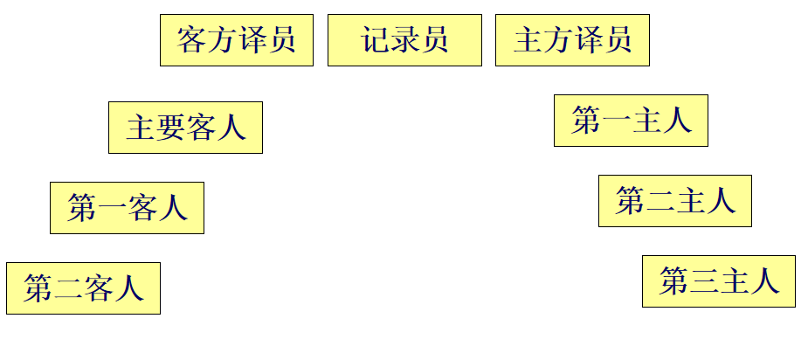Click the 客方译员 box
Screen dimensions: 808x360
[236, 40]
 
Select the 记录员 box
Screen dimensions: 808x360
[404, 40]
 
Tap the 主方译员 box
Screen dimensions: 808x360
[572, 40]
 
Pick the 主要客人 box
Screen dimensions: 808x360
[185, 128]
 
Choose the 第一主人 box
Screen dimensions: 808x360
[631, 121]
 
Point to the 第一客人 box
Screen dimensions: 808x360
[127, 208]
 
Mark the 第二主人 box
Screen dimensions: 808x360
[675, 201]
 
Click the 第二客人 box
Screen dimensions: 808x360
[83, 288]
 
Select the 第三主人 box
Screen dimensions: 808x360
[719, 281]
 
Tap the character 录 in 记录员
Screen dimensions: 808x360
[404, 40]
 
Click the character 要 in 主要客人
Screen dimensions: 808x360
[170, 128]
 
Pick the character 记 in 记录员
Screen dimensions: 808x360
[375, 40]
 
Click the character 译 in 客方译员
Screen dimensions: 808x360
[251, 40]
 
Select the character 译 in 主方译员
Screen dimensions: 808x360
[587, 40]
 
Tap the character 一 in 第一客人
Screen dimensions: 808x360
[112, 209]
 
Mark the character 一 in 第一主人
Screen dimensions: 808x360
[616, 121]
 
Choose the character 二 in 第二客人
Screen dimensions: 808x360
[68, 289]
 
